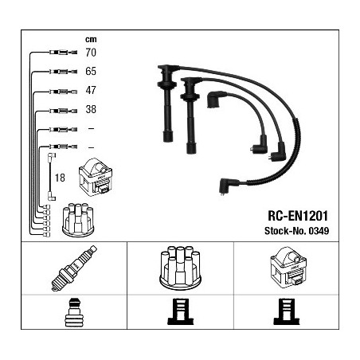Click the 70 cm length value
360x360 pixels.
click(91, 53)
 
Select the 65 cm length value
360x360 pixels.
click(91, 71)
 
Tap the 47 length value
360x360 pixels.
click(91, 90)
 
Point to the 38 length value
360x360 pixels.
click(91, 109)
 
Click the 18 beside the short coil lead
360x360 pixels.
click(60, 178)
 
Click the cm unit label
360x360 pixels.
click(91, 39)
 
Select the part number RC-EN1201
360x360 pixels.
click(298, 216)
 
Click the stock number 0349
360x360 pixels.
click(319, 231)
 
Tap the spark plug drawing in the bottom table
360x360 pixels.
click(74, 268)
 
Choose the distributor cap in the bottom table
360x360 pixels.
click(180, 267)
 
